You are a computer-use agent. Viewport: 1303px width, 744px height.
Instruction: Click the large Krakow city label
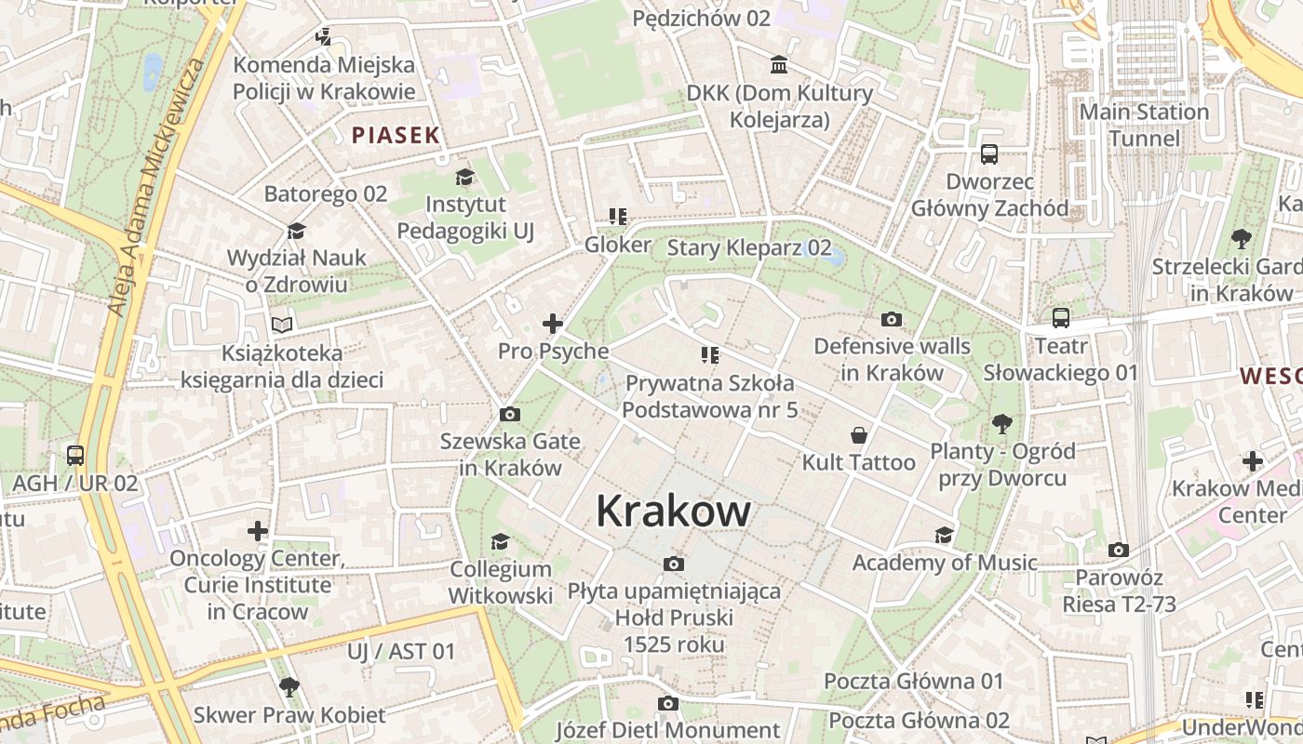(673, 511)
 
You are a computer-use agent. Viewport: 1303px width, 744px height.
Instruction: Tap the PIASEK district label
(396, 135)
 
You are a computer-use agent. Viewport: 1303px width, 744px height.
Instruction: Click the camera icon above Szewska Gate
(510, 414)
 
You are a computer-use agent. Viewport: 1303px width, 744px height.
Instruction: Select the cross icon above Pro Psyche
(553, 324)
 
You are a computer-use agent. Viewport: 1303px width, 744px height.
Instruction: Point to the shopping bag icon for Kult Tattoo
(858, 435)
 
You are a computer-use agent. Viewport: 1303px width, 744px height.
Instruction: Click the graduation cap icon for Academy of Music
(944, 535)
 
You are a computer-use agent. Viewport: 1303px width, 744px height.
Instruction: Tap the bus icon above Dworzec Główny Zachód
(988, 154)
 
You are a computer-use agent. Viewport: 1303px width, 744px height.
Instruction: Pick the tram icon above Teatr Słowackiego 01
(1061, 318)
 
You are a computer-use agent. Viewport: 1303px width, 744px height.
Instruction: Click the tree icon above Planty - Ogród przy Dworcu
(1002, 424)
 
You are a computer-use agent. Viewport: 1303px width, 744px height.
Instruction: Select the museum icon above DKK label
(779, 65)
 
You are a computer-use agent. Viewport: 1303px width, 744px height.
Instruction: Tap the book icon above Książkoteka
(282, 325)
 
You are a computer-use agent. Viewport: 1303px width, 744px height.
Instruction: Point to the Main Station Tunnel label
(1144, 126)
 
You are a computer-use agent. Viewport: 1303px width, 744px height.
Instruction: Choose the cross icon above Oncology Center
(258, 531)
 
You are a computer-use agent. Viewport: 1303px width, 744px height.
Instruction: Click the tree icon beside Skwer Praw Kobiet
(289, 687)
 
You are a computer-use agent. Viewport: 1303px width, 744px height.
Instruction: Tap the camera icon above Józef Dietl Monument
(667, 703)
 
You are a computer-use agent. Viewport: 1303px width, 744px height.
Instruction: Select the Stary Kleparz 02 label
(749, 247)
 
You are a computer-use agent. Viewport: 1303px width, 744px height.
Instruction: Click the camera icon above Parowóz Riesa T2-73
(1119, 550)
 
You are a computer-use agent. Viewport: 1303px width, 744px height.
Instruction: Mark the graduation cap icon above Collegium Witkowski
(501, 541)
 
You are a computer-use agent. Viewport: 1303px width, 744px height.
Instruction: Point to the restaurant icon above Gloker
(617, 217)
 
